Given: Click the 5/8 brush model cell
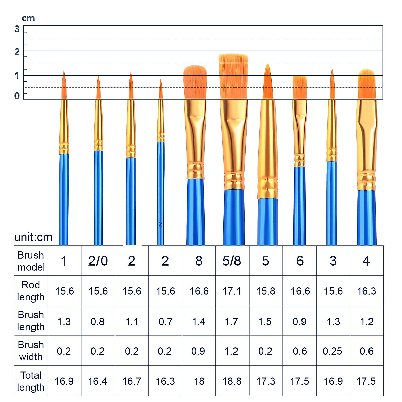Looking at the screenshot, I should tap(232, 261).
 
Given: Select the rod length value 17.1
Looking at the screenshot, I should tap(232, 291).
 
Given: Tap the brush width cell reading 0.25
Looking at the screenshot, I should tap(332, 351).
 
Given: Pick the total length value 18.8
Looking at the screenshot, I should tap(232, 381).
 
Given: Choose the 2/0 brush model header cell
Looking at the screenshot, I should tap(98, 261).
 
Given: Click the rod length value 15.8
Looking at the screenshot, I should tap(266, 291).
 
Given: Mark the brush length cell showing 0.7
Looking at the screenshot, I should tap(165, 322).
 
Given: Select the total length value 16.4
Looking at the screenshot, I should tap(98, 381).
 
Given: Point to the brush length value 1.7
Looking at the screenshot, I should tap(232, 322).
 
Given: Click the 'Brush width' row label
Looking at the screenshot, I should tap(31, 351).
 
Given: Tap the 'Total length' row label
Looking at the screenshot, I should tap(31, 381).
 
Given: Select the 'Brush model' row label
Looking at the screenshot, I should tap(31, 261).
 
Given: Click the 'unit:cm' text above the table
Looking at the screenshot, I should tap(33, 237).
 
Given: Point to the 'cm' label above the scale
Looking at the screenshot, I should tap(28, 18).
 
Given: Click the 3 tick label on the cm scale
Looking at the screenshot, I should tap(17, 29).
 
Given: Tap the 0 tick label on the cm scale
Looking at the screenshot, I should tap(17, 96).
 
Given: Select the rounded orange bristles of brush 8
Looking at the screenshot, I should tap(195, 82).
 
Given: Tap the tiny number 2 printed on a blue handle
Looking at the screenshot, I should tap(160, 224).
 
